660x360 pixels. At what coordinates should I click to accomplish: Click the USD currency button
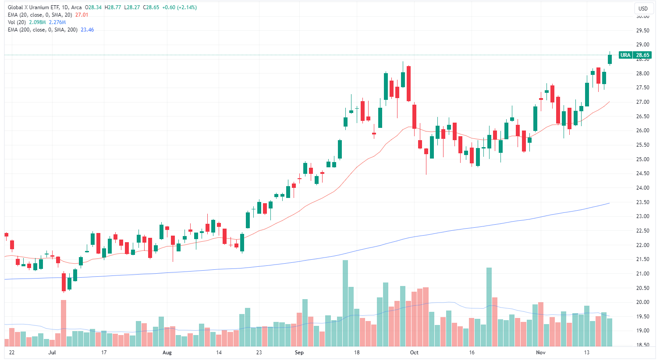[643, 8]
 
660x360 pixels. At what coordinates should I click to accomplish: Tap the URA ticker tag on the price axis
[625, 55]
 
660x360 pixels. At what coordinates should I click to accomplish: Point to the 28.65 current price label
[643, 55]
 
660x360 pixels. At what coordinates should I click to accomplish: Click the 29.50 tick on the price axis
[643, 31]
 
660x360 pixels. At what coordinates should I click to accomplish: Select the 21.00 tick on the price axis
[643, 274]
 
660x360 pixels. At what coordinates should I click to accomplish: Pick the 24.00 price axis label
[643, 188]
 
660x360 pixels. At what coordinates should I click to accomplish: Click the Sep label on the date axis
[299, 353]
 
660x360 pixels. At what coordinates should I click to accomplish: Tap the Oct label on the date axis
[414, 353]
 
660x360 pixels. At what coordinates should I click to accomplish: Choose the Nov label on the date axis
[541, 353]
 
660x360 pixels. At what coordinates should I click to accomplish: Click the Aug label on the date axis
[167, 353]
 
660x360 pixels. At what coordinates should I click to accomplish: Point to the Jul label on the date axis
[52, 353]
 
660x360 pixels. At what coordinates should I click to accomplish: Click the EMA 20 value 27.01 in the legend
[82, 15]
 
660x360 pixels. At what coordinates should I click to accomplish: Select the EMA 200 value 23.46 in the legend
[87, 30]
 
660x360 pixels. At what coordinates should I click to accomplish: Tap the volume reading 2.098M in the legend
[37, 22]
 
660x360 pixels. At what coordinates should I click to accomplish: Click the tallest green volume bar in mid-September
[345, 303]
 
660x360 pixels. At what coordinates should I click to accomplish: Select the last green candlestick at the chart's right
[610, 59]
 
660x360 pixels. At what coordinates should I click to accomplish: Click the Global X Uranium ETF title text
[33, 7]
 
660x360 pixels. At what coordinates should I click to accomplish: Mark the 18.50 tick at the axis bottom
[643, 345]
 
